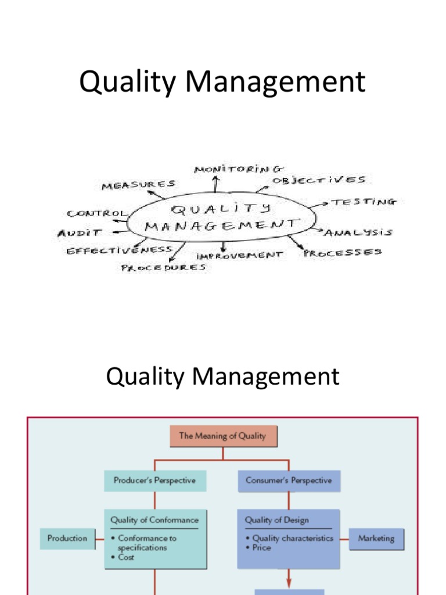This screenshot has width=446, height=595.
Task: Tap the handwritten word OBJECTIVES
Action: pyautogui.click(x=319, y=181)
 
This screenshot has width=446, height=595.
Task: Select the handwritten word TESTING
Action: pyautogui.click(x=364, y=202)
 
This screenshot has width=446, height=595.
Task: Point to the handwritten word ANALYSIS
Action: pyautogui.click(x=358, y=233)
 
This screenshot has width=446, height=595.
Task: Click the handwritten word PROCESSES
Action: pyautogui.click(x=343, y=253)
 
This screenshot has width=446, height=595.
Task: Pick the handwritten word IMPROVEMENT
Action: pyautogui.click(x=240, y=255)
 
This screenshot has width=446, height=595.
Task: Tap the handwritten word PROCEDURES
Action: pyautogui.click(x=163, y=268)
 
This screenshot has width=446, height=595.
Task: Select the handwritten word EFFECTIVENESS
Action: pyautogui.click(x=119, y=250)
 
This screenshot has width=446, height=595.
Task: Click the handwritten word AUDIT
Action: pyautogui.click(x=80, y=233)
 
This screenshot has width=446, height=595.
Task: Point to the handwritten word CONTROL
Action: pyautogui.click(x=96, y=213)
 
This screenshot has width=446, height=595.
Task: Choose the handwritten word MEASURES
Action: pyautogui.click(x=138, y=185)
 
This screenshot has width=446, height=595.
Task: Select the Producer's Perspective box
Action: pyautogui.click(x=154, y=481)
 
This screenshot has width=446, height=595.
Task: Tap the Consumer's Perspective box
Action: pyautogui.click(x=289, y=481)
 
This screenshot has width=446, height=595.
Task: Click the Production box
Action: pyautogui.click(x=67, y=538)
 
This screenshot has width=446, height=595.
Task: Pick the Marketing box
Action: pyautogui.click(x=376, y=538)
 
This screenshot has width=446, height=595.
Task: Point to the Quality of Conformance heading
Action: pyautogui.click(x=154, y=520)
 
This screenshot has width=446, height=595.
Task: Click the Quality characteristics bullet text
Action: pyautogui.click(x=293, y=538)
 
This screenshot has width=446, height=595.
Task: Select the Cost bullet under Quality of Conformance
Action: pyautogui.click(x=126, y=557)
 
